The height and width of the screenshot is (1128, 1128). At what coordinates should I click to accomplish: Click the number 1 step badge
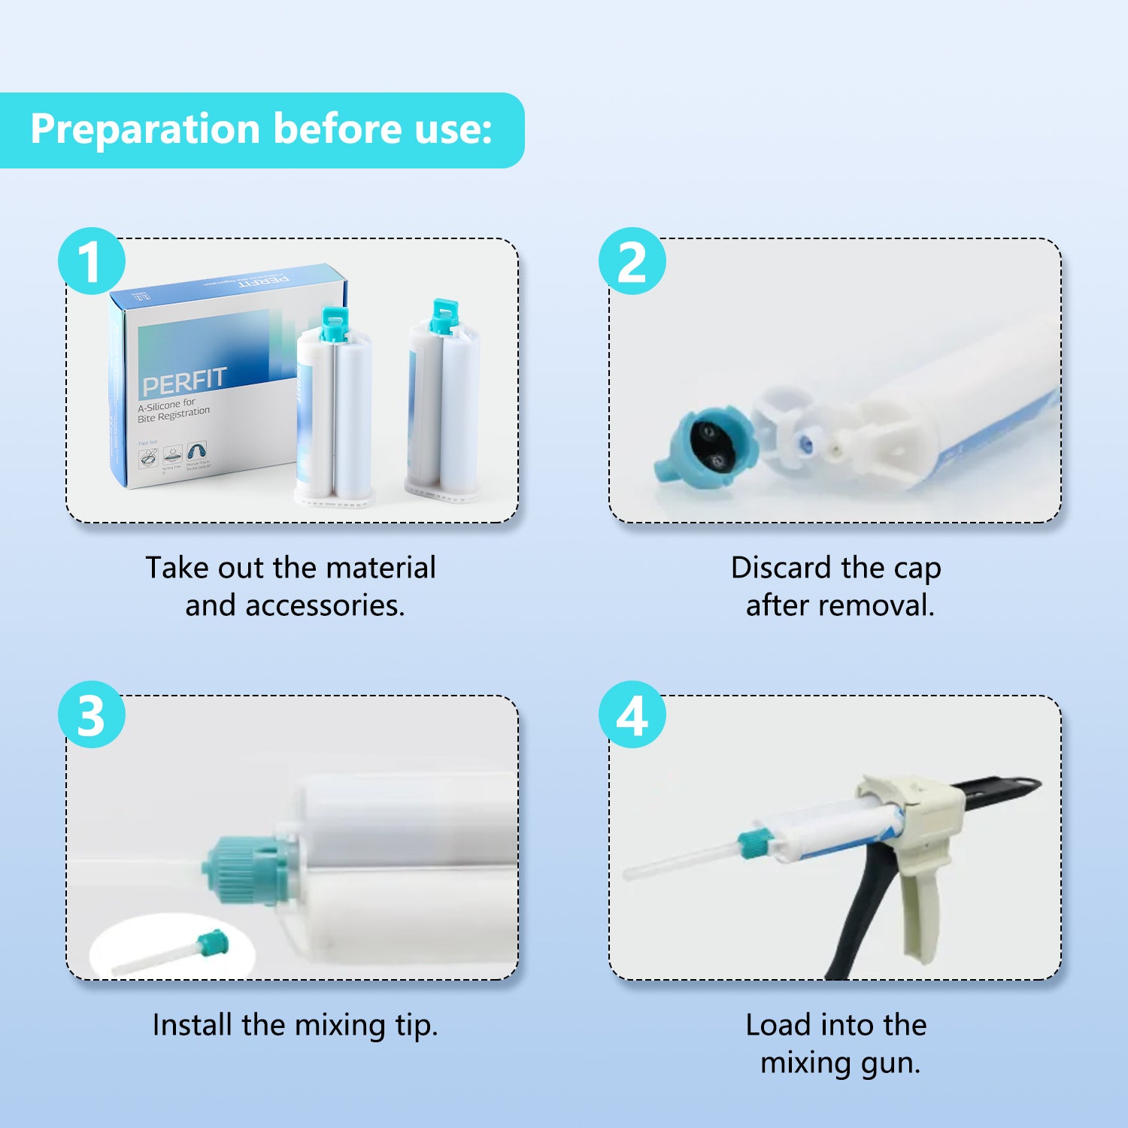coord(91,261)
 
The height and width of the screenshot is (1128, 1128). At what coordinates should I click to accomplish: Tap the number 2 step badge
coord(632,261)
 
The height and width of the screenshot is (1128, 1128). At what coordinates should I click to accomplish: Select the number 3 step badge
coord(91,714)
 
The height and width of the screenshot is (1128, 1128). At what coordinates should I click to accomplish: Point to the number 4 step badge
coord(632,714)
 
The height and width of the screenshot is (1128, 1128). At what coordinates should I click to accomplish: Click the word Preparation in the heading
coord(145,129)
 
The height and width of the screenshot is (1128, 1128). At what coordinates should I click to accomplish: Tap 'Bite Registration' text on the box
coord(174,415)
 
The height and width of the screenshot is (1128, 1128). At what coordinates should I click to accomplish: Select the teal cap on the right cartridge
coord(444,317)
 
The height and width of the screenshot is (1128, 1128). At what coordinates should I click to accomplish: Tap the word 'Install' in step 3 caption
coord(193,1025)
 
